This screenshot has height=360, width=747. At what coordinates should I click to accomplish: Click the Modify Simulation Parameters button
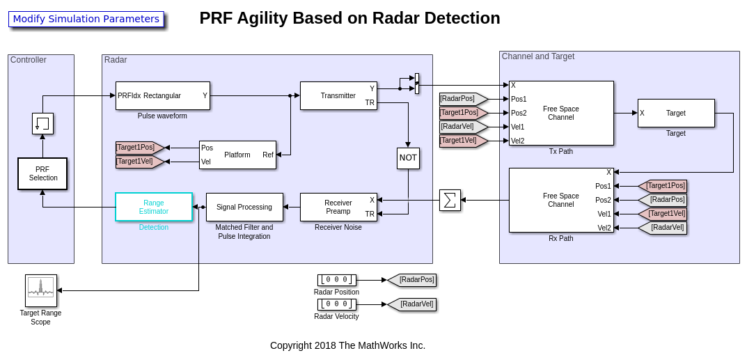(x=86, y=19)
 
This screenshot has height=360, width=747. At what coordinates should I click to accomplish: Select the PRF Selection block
(x=42, y=173)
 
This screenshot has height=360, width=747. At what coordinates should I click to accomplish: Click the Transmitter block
(x=338, y=95)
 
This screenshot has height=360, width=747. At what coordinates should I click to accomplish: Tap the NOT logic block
(x=408, y=158)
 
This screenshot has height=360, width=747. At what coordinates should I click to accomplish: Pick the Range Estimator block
(x=153, y=207)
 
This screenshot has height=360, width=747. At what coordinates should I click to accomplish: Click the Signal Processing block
(x=244, y=207)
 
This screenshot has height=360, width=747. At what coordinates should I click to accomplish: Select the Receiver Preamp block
(x=338, y=207)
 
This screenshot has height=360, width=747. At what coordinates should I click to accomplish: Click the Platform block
(x=237, y=155)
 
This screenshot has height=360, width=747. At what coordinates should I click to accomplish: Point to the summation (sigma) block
(x=450, y=201)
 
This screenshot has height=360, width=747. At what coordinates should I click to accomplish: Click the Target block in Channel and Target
(x=676, y=113)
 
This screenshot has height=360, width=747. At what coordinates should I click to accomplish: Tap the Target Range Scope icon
(x=41, y=290)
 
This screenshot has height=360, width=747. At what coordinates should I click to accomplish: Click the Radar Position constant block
(x=336, y=280)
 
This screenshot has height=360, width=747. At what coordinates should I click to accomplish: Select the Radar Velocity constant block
(x=336, y=304)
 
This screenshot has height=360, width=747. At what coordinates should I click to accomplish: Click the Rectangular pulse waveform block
(x=162, y=95)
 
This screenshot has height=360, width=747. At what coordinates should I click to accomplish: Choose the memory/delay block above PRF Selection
(x=42, y=123)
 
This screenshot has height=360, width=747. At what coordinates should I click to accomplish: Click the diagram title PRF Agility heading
(x=349, y=18)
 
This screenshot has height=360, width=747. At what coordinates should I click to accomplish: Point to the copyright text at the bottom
(x=347, y=345)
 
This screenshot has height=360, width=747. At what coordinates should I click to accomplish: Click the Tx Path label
(x=561, y=151)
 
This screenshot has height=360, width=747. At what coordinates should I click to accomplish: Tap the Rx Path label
(x=561, y=238)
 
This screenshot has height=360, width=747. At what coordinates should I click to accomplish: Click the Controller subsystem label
(x=29, y=60)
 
